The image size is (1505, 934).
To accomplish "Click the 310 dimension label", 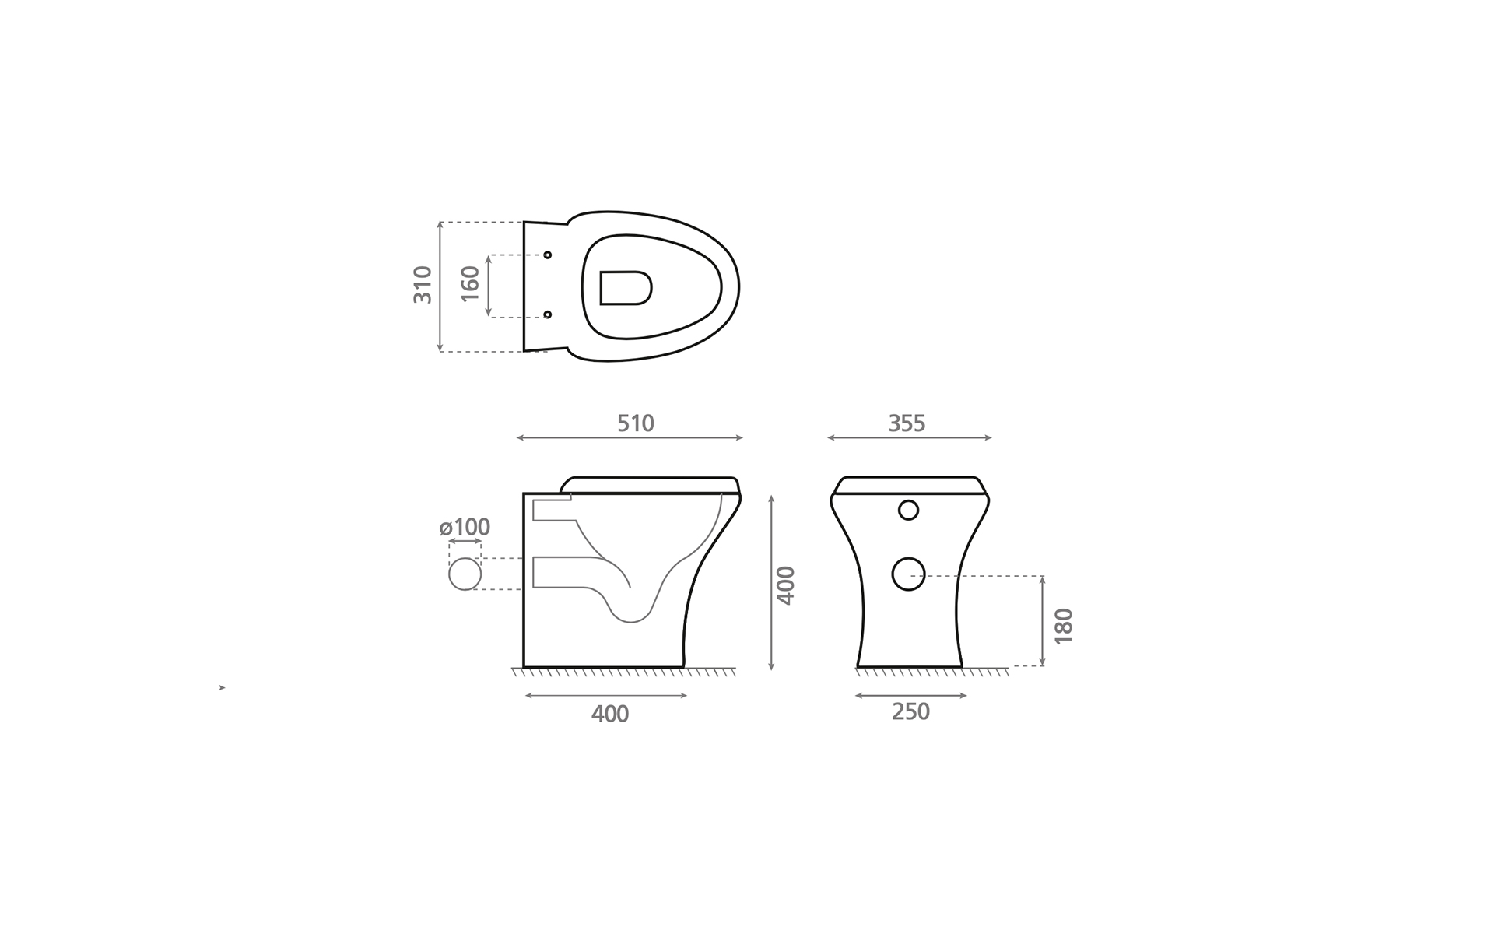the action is point(423,285).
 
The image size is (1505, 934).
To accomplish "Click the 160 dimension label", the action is point(470,285).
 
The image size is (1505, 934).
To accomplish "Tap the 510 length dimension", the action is point(636,423).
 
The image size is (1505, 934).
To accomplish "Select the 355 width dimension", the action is point(907,423).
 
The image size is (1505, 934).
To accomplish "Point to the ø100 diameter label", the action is point(465,527).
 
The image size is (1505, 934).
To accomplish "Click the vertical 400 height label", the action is point(786,585).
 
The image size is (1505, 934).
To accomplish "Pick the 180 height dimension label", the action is point(1063,626).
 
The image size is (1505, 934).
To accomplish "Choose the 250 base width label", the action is point(910,711).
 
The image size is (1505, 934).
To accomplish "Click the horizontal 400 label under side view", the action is point(610,714).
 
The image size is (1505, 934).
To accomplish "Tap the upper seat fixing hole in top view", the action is point(547,255).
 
